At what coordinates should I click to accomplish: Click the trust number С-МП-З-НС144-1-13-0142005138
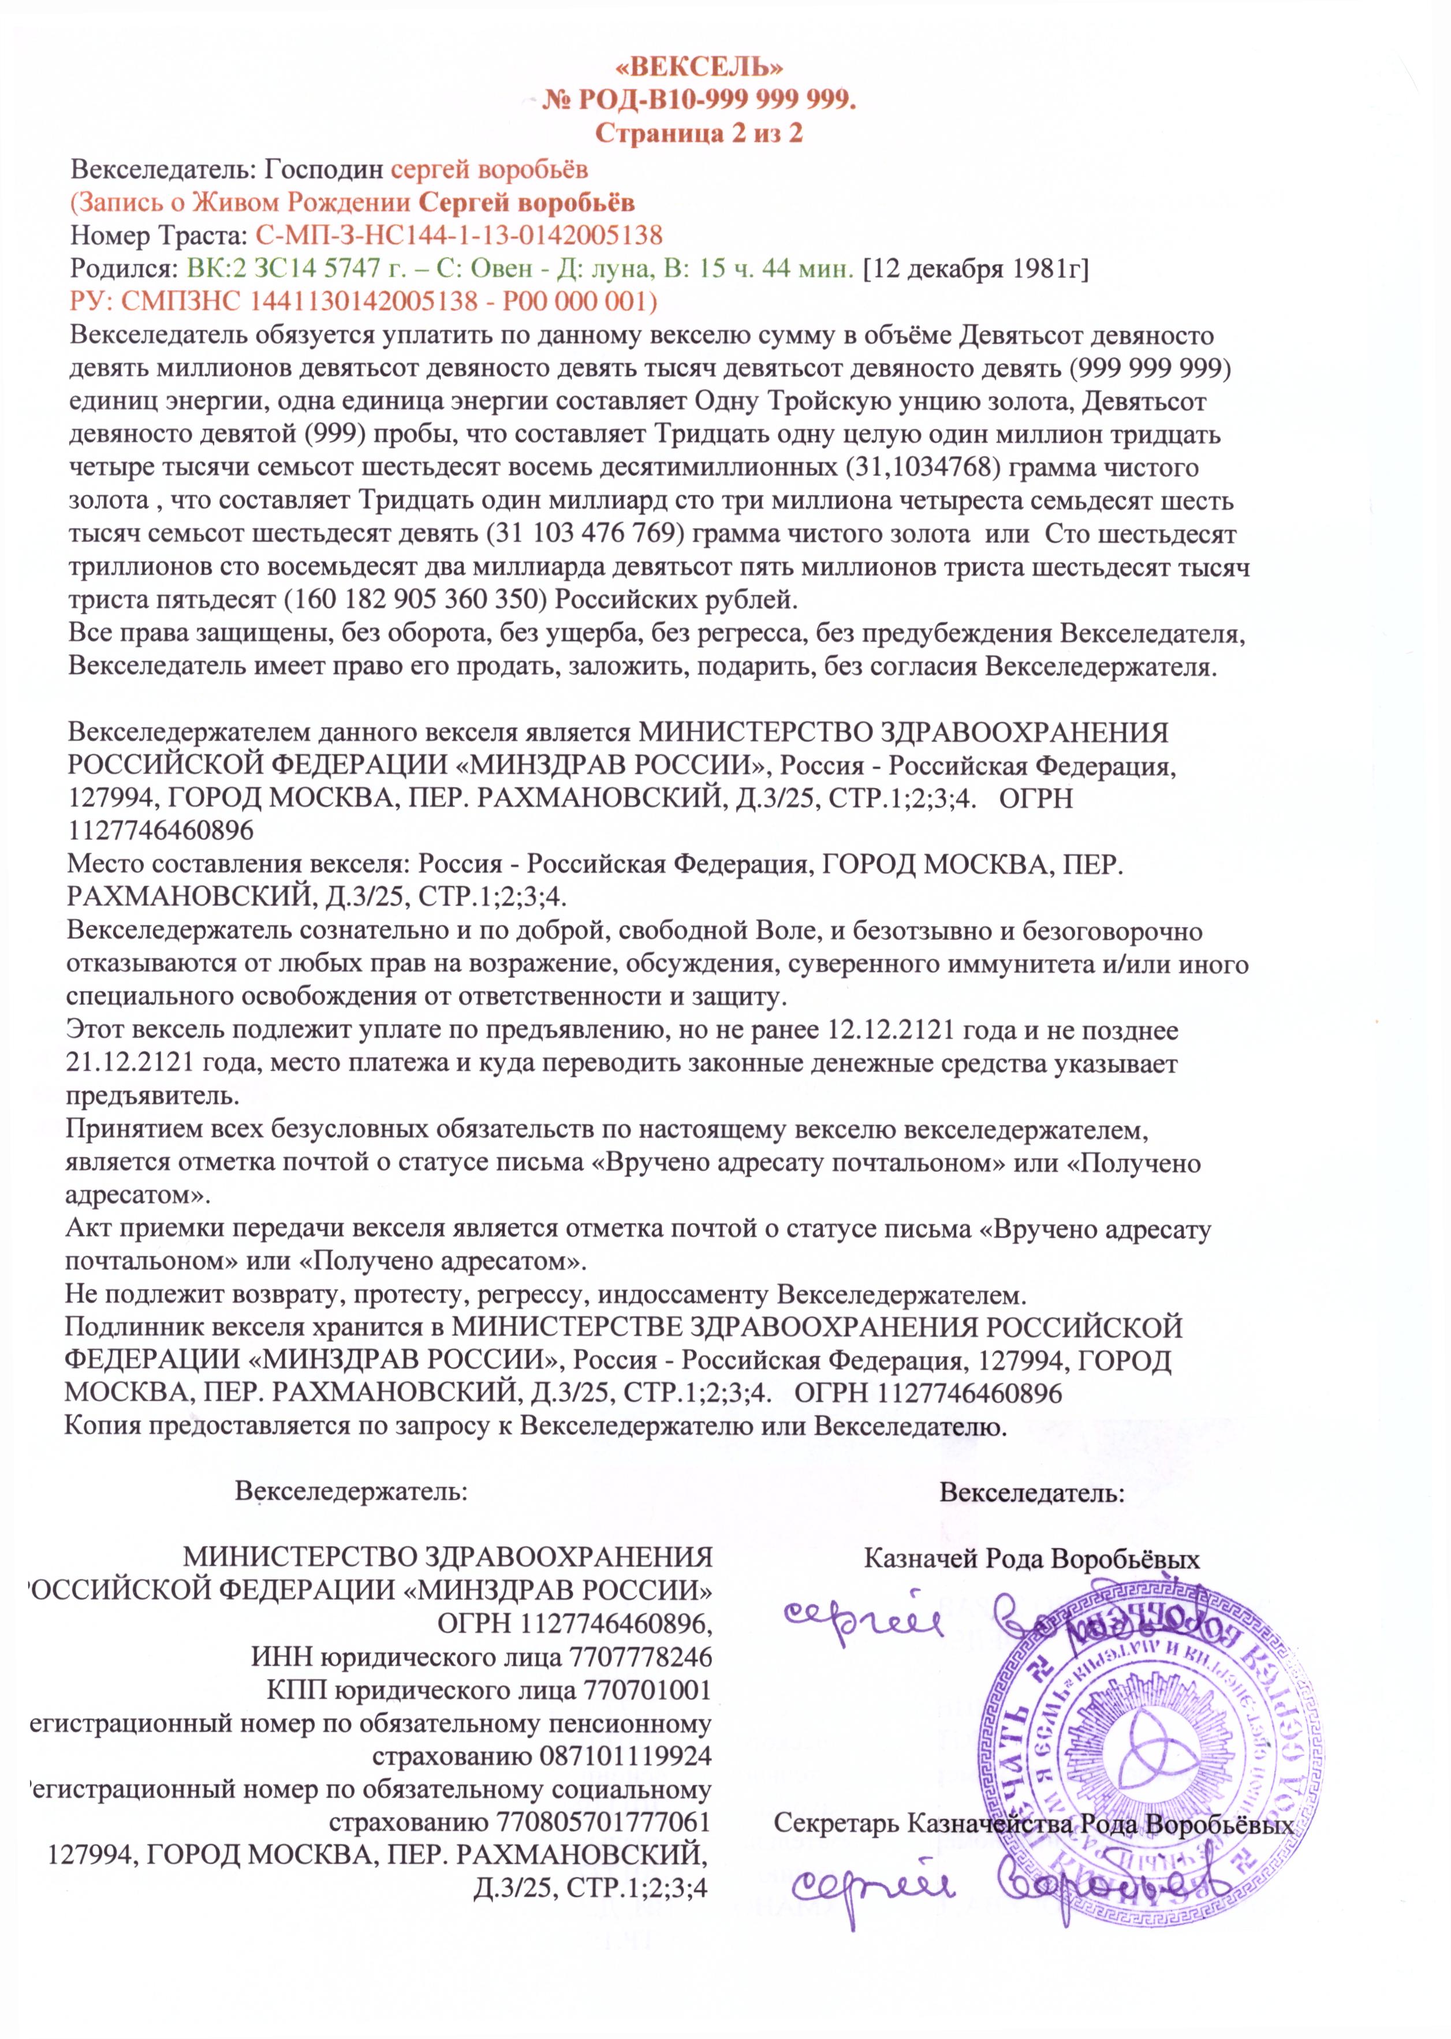pos(459,235)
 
